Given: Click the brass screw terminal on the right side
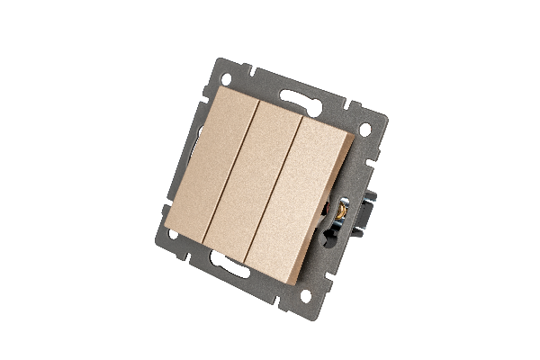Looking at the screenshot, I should coord(344,212).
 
